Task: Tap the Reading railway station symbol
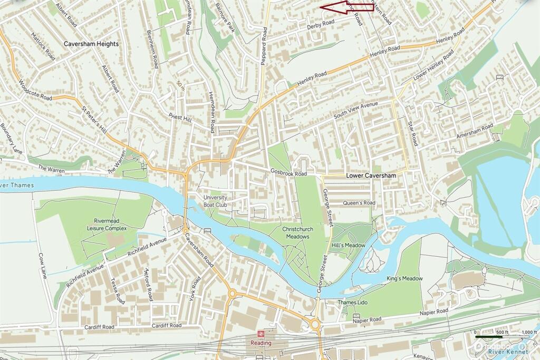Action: (x=261, y=334)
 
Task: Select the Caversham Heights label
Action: (x=91, y=44)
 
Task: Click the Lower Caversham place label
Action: (x=371, y=175)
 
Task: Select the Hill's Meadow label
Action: (x=349, y=246)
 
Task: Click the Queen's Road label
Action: (x=359, y=203)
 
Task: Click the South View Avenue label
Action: (x=357, y=110)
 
